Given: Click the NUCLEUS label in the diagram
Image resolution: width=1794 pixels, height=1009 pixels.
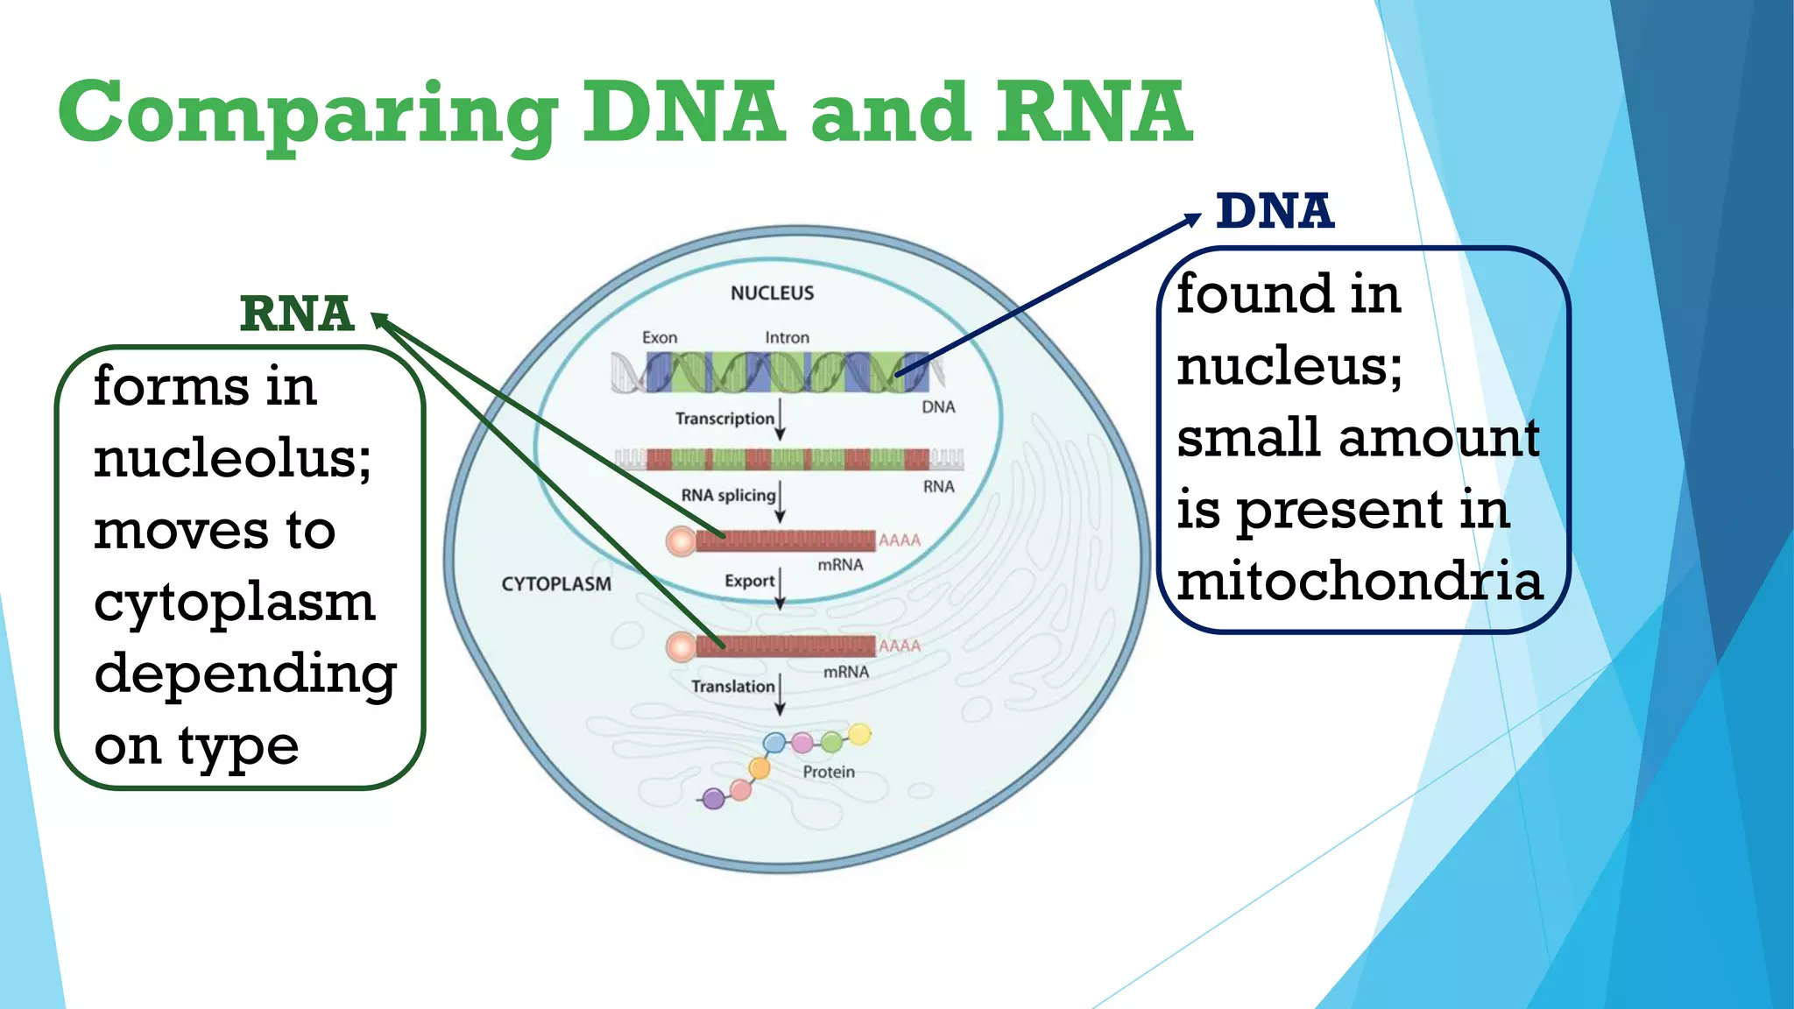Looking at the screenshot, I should [x=772, y=293].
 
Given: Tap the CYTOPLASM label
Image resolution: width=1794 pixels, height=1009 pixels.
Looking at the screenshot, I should [x=556, y=584].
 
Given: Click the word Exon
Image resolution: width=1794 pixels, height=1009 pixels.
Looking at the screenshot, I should [x=660, y=338].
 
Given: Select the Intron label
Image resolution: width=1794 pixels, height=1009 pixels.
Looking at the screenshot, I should [x=787, y=338].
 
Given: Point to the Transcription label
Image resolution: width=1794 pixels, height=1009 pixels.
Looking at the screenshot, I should [x=724, y=419].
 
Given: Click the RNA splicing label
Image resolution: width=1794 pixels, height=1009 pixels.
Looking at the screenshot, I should [x=728, y=496].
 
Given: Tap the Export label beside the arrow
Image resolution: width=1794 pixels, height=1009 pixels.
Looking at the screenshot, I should [x=749, y=581].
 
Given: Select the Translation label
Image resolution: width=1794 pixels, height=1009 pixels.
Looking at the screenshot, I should [x=732, y=687].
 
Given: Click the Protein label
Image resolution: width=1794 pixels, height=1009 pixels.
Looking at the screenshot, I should [x=829, y=772].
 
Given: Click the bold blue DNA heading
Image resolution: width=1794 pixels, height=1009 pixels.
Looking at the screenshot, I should [x=1275, y=212].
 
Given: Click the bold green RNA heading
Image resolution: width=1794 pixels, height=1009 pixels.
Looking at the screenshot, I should [x=297, y=314].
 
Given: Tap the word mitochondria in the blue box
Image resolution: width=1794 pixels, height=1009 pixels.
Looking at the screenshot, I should [x=1359, y=582].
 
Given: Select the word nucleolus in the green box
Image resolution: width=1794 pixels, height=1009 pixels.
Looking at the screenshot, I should [x=232, y=458].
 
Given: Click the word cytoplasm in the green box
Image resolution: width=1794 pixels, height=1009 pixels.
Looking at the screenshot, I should [x=235, y=603].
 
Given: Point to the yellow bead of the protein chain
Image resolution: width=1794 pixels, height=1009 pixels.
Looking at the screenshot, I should [x=860, y=734].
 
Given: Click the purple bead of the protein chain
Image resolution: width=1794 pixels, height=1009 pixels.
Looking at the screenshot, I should [x=714, y=798].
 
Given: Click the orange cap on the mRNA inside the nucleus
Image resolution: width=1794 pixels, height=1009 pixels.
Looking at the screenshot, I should [x=681, y=541].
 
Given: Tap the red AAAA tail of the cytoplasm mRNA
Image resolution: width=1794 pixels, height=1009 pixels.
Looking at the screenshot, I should [x=900, y=646].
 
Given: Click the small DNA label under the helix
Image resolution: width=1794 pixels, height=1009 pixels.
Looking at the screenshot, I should [x=938, y=407].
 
